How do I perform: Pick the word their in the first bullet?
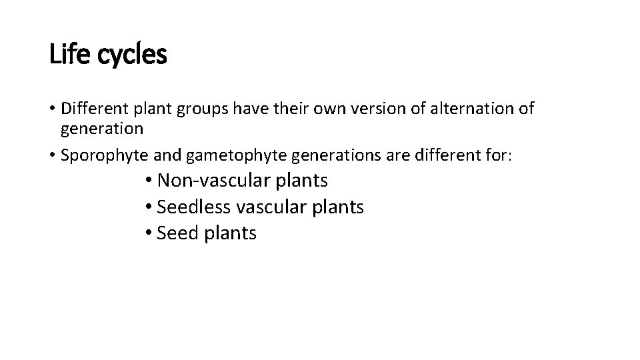(x=287, y=108)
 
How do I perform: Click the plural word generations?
(x=315, y=155)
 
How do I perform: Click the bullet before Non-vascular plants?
(x=148, y=181)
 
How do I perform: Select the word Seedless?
(x=194, y=207)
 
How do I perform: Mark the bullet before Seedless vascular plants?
(x=148, y=208)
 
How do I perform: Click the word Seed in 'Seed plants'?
(x=177, y=233)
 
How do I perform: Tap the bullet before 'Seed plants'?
(x=148, y=234)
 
